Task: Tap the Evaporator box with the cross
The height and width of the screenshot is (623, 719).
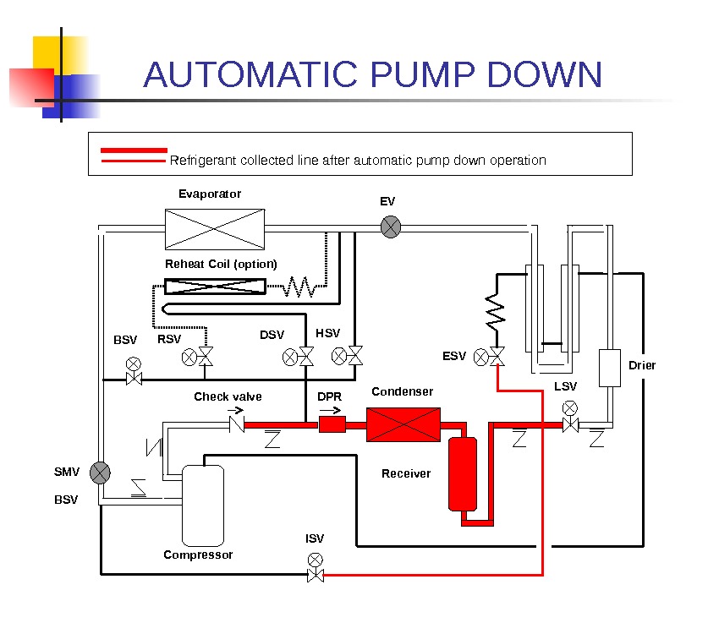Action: tap(214, 228)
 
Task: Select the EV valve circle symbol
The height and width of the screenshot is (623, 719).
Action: tap(391, 227)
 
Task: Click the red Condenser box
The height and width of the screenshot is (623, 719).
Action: tap(403, 424)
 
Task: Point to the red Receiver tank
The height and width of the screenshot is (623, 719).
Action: tap(463, 473)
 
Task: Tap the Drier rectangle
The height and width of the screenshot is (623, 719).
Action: tap(609, 368)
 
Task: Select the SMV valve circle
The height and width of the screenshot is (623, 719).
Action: tap(101, 473)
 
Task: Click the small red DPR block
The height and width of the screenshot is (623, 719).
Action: tap(332, 424)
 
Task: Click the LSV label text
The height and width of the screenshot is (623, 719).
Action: tap(565, 386)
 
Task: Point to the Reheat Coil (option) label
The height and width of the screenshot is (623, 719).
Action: tap(221, 264)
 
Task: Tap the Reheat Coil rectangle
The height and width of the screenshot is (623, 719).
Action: tap(215, 287)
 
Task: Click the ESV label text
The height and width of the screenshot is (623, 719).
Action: tap(454, 357)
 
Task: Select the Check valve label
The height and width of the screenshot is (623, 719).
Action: tap(228, 396)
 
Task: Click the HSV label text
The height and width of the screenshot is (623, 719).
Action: tap(327, 334)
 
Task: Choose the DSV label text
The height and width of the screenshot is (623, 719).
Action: tap(272, 336)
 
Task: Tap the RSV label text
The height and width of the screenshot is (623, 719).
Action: tap(169, 340)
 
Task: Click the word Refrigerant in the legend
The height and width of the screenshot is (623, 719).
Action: tap(204, 161)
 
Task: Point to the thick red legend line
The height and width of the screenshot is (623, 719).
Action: tap(134, 150)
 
